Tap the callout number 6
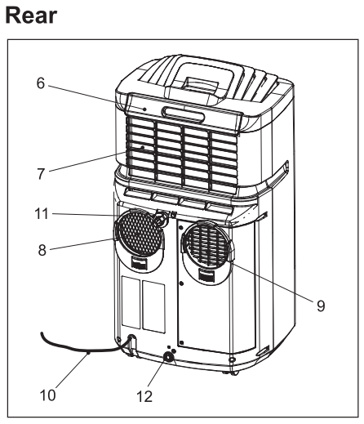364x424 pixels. (51, 84)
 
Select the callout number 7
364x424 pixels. (51, 172)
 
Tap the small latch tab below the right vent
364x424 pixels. (202, 278)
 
